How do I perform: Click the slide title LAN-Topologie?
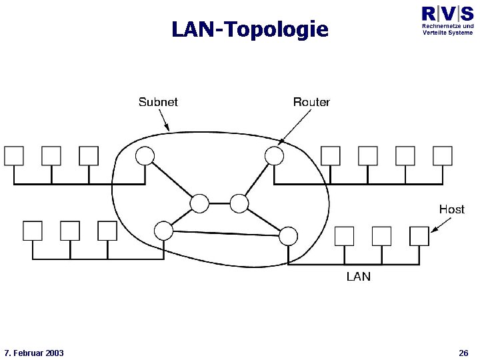(x=250, y=29)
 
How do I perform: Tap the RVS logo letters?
(x=447, y=14)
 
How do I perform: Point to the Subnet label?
(x=158, y=102)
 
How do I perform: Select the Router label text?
(x=311, y=102)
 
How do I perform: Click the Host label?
(x=451, y=209)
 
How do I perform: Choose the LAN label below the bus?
(x=358, y=276)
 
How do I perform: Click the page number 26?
(x=463, y=353)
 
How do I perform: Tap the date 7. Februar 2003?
(x=34, y=353)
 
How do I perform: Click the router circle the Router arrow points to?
(x=274, y=155)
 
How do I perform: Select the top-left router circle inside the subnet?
(x=145, y=156)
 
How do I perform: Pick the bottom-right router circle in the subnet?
(x=288, y=235)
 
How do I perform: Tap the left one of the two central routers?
(x=199, y=203)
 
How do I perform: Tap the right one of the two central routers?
(x=239, y=203)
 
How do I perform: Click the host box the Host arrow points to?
(x=419, y=236)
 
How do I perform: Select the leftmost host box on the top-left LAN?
(x=14, y=156)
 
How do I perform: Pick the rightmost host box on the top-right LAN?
(x=443, y=156)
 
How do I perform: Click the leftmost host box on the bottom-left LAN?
(x=33, y=231)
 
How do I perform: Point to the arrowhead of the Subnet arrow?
(x=169, y=129)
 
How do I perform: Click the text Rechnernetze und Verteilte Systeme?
(x=447, y=29)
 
